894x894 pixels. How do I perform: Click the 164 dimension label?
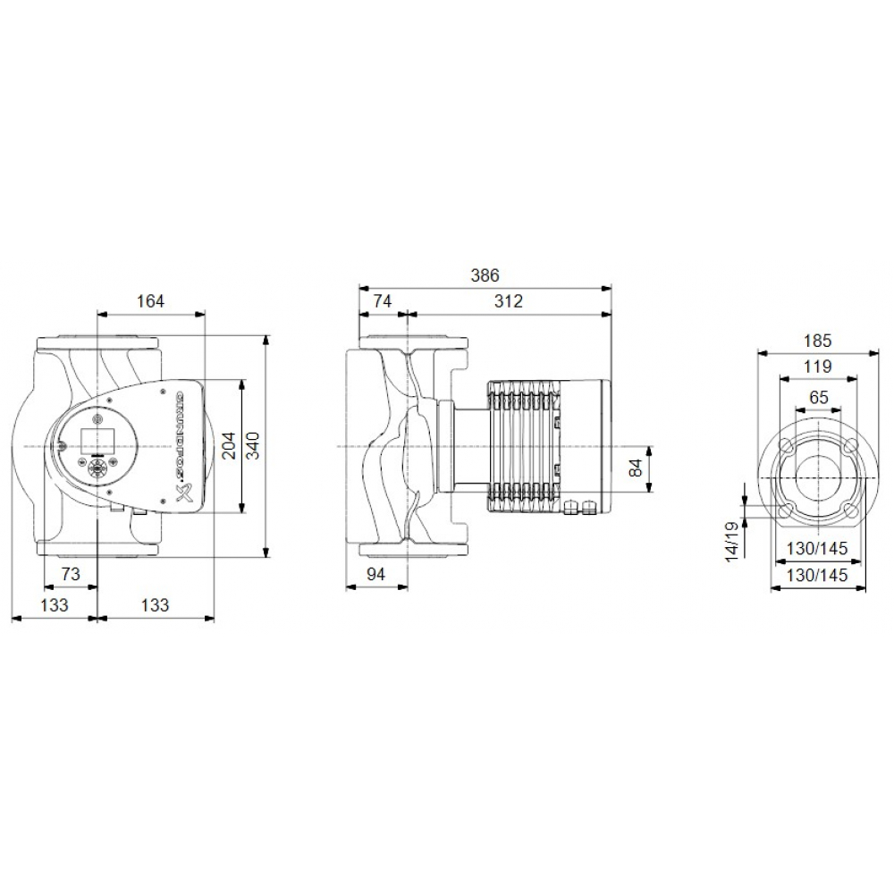point(150,301)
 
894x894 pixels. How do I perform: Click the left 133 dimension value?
point(54,605)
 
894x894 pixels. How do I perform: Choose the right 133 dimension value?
point(155,605)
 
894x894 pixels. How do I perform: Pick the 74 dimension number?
point(381,301)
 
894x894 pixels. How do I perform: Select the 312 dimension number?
point(508,301)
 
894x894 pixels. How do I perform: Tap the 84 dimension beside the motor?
point(636,467)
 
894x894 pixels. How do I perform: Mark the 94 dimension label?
point(375,575)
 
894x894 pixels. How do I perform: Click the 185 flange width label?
point(817,341)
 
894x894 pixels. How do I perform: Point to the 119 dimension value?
point(817,367)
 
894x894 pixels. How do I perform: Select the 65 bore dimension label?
point(817,397)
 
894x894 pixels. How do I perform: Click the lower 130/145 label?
point(817,576)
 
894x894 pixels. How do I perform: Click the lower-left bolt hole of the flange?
point(787,510)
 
